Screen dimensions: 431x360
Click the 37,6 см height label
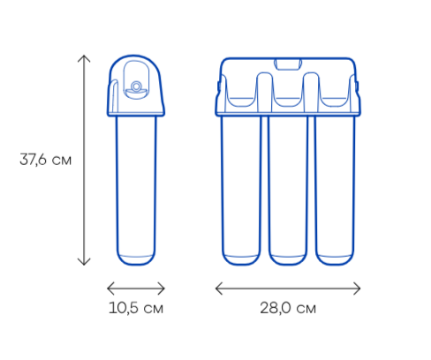coord(45,160)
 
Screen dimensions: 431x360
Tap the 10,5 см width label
coord(136,308)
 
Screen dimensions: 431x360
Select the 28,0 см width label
coord(288,308)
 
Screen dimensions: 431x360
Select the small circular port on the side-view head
coord(136,86)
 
